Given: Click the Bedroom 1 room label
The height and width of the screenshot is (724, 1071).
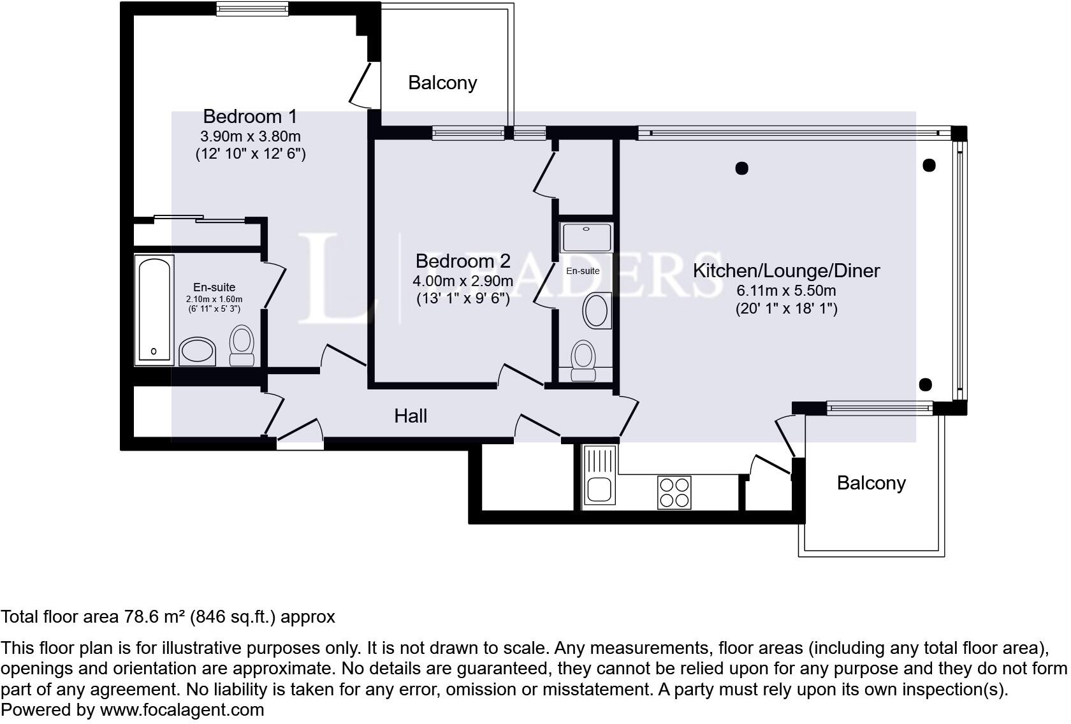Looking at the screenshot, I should pyautogui.click(x=250, y=117).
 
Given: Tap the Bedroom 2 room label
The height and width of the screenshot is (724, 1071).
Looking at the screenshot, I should pyautogui.click(x=463, y=261).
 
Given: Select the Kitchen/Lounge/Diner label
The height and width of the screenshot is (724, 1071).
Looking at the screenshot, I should pyautogui.click(x=786, y=270).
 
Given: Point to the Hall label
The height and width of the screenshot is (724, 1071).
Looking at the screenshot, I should pyautogui.click(x=411, y=416).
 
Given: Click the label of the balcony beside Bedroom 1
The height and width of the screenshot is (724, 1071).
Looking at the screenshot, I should pyautogui.click(x=442, y=83).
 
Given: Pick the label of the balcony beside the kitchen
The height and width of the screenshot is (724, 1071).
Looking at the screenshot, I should pyautogui.click(x=871, y=483).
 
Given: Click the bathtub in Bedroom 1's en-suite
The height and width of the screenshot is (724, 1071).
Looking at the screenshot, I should pyautogui.click(x=154, y=310).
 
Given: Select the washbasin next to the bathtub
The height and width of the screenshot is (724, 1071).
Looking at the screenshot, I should pyautogui.click(x=198, y=351).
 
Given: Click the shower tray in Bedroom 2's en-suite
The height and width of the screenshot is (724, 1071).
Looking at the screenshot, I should pyautogui.click(x=586, y=236).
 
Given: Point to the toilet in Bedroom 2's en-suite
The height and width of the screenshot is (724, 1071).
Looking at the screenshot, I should pyautogui.click(x=583, y=359).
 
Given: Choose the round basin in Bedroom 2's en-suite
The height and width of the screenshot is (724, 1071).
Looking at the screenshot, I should pyautogui.click(x=597, y=310).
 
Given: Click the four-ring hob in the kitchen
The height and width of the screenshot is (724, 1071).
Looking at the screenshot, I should pyautogui.click(x=674, y=492).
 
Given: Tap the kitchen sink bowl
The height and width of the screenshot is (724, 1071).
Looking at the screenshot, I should pyautogui.click(x=599, y=490).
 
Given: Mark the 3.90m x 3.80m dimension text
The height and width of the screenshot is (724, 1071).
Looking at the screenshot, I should pyautogui.click(x=250, y=136).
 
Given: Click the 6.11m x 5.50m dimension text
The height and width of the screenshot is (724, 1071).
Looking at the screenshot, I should pyautogui.click(x=786, y=291).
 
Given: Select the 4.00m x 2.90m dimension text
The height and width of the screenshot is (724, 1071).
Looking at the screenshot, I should pyautogui.click(x=463, y=280).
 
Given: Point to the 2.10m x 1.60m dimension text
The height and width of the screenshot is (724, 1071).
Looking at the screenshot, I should pyautogui.click(x=214, y=299).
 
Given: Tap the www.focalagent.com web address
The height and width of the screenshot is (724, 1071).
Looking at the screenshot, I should pyautogui.click(x=182, y=710).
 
